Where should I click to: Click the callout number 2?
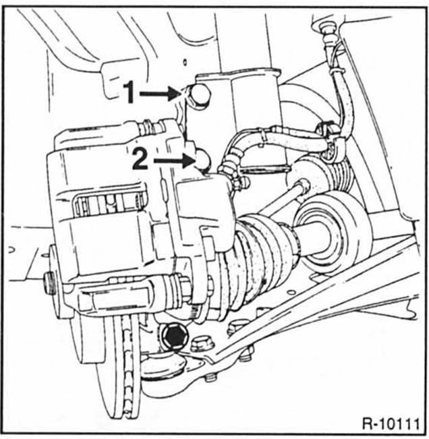pos(140,160)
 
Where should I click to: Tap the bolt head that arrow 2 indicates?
pos(204,160)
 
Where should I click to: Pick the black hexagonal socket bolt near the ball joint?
pos(173,334)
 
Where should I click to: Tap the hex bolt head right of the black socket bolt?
pos(202,343)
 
